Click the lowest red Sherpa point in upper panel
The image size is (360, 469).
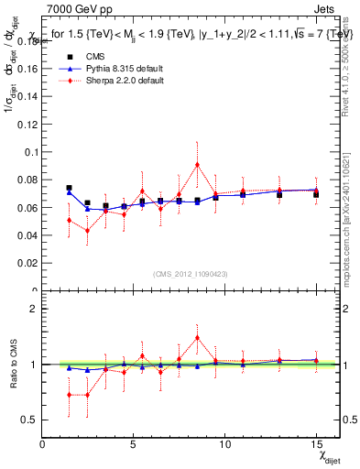tap(87, 231)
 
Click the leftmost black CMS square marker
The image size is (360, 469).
tap(69, 188)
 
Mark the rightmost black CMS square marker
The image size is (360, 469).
tap(316, 194)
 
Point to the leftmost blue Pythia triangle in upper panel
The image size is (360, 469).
tap(69, 192)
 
